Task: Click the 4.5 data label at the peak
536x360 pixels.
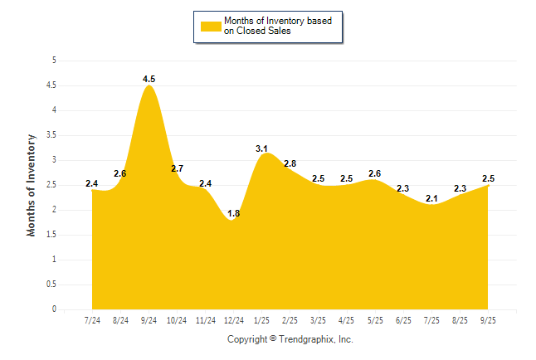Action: [149, 80]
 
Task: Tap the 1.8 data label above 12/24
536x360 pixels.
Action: [234, 214]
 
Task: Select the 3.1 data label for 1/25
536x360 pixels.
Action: [262, 148]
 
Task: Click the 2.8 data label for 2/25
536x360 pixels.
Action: [290, 163]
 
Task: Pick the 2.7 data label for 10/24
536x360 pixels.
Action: [178, 169]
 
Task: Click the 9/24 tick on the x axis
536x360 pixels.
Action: [149, 320]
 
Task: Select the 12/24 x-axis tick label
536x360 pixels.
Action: [234, 320]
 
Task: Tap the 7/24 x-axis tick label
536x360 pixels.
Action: [92, 320]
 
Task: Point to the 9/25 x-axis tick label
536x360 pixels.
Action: [489, 320]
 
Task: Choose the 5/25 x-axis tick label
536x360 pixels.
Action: [375, 320]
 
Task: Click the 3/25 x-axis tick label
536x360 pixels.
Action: [319, 320]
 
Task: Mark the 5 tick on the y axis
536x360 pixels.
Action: [54, 61]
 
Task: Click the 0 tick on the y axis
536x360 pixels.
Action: [54, 309]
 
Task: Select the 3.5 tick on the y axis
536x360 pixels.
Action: [51, 135]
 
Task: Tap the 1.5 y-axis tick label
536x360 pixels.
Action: [51, 235]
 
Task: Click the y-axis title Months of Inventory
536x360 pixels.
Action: [32, 185]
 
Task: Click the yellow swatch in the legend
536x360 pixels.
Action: [211, 26]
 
